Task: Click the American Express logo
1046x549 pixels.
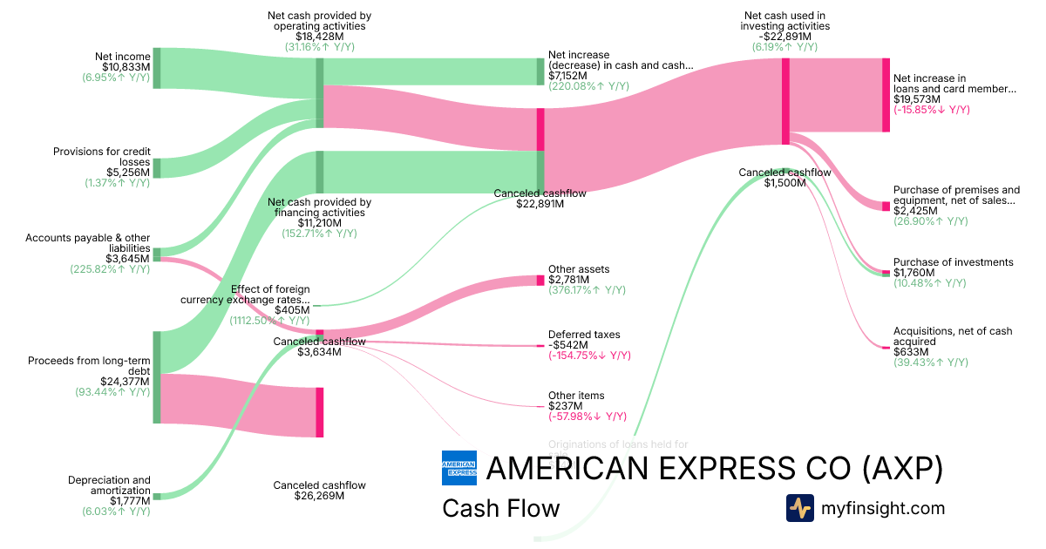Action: point(459,469)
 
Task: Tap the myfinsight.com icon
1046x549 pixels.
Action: point(799,508)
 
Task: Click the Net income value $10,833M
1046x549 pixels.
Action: point(126,67)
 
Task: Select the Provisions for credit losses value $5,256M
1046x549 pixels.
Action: point(128,173)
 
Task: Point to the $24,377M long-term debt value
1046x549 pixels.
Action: point(125,381)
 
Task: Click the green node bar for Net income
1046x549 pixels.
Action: point(157,69)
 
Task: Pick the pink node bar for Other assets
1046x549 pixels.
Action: point(540,281)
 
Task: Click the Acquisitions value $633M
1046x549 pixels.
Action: point(910,352)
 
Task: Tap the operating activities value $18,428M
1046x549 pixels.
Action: point(319,37)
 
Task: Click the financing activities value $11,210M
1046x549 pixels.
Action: point(319,223)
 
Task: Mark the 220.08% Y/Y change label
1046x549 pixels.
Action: point(588,86)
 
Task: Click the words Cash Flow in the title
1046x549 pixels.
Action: point(501,508)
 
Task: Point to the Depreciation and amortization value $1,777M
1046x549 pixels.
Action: point(130,501)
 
